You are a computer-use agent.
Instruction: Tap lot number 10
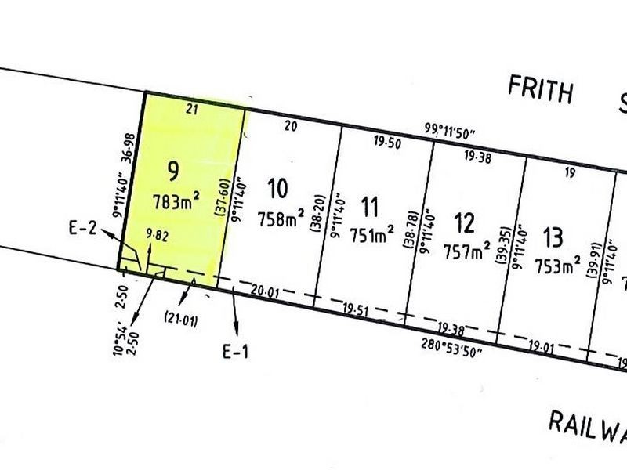point(276,188)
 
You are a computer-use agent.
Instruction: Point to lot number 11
point(371,207)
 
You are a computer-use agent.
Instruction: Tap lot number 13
point(553,234)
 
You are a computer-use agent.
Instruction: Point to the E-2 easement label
point(82,228)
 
